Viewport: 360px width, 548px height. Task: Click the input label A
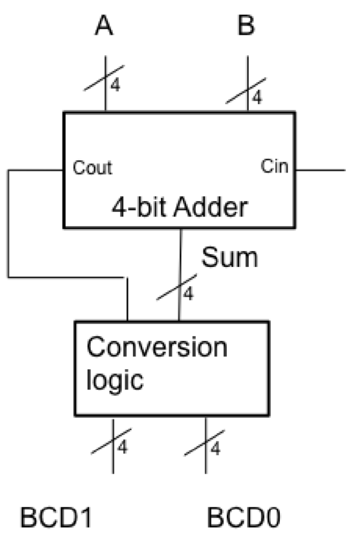tap(104, 26)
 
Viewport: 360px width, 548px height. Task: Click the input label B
tap(246, 26)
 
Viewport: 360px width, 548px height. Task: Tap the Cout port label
tap(92, 167)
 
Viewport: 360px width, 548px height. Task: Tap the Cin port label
tap(274, 166)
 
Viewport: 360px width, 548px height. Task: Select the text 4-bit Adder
tap(179, 208)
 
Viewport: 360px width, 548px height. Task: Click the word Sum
tap(229, 258)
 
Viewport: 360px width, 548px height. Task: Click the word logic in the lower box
tap(115, 380)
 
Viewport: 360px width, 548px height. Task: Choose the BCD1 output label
tap(56, 518)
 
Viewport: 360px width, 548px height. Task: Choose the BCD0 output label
tap(244, 518)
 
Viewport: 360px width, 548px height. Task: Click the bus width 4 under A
tap(116, 85)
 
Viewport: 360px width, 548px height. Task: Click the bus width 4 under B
tap(258, 97)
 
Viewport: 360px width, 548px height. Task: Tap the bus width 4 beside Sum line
tap(189, 294)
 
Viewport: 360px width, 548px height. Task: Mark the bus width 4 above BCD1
tap(122, 447)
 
